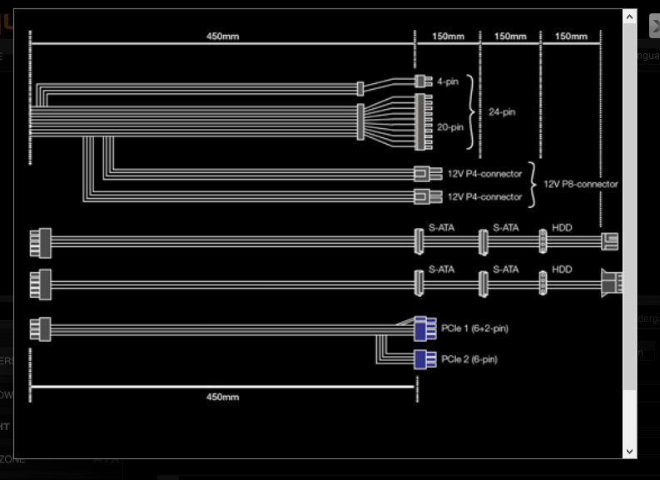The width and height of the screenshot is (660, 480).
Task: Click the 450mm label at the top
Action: click(x=223, y=37)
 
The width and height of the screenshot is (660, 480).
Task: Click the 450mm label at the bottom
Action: click(x=223, y=397)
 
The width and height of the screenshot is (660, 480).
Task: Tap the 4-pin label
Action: click(x=448, y=82)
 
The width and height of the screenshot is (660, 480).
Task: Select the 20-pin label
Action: click(x=450, y=127)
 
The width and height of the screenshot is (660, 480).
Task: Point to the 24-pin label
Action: click(x=502, y=112)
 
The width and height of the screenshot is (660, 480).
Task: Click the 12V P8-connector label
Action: click(x=581, y=184)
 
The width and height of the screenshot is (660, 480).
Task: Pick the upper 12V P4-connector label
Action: click(x=485, y=174)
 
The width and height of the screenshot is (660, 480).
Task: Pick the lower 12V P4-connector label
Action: click(x=485, y=197)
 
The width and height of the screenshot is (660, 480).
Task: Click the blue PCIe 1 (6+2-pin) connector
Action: click(x=425, y=329)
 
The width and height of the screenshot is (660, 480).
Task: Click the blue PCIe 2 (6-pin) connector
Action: click(x=425, y=359)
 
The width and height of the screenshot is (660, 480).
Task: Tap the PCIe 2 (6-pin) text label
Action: click(x=469, y=359)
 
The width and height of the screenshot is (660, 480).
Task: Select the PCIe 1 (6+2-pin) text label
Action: click(x=474, y=328)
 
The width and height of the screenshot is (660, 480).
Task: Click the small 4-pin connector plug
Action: click(x=424, y=82)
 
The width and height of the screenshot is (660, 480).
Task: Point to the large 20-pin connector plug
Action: click(x=424, y=122)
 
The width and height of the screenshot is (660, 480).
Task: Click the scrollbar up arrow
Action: click(x=630, y=17)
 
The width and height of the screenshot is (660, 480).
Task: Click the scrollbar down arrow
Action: click(x=630, y=452)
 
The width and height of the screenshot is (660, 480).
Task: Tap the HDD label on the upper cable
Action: click(x=562, y=228)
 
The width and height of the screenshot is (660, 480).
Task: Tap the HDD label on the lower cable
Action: click(x=562, y=270)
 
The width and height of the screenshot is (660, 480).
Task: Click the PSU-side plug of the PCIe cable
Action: click(x=41, y=329)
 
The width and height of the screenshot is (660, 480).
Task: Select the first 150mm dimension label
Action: click(x=449, y=37)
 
